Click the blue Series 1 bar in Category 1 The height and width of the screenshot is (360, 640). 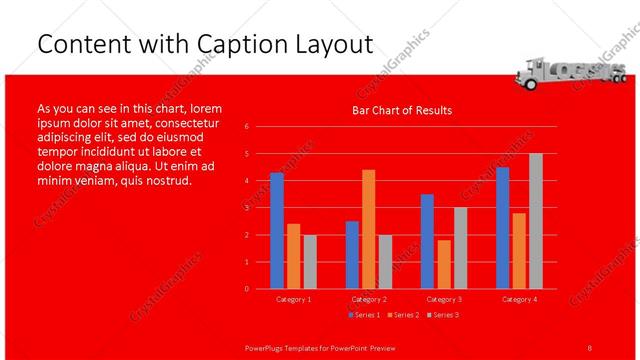pos(277,231)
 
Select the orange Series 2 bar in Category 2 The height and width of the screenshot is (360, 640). pos(369,229)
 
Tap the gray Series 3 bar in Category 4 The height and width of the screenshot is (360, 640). pos(536,221)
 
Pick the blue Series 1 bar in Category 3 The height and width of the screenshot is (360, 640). pos(427,241)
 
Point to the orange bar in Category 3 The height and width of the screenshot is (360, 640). pos(444,264)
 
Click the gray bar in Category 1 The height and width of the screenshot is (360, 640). pos(310,262)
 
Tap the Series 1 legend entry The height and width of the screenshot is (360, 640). pos(363,315)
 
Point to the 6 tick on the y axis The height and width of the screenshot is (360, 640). pos(246,127)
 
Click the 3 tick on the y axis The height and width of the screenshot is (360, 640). pos(246,208)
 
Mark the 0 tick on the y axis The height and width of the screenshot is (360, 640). pos(246,289)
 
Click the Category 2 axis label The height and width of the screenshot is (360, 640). pos(369,299)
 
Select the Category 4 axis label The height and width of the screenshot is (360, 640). pos(519,299)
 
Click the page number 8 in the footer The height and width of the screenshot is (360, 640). pos(590,347)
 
